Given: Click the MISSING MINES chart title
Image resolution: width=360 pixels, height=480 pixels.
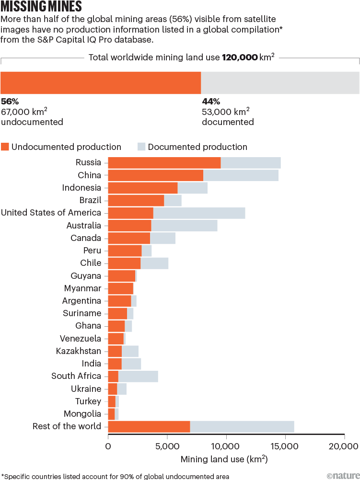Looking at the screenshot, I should (x=41, y=7).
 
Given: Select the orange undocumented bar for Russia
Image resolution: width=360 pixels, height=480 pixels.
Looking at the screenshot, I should (x=164, y=163).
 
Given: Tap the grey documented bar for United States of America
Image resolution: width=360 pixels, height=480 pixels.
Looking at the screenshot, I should (x=199, y=213).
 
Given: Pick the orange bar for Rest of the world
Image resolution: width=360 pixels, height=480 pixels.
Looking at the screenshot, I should (x=149, y=426).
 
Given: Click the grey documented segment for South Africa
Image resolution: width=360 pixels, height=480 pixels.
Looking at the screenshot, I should (x=138, y=376).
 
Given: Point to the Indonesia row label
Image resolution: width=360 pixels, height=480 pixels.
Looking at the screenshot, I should (x=81, y=188).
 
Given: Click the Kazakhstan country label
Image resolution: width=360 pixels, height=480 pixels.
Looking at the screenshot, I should (x=79, y=351).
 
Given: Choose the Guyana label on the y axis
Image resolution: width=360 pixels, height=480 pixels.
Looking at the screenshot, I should (x=86, y=276).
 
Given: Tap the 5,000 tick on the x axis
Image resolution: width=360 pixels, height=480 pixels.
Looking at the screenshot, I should (x=167, y=446).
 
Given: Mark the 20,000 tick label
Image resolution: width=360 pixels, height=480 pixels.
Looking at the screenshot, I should (x=344, y=446).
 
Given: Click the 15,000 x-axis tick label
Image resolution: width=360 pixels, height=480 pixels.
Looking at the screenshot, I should (x=285, y=446).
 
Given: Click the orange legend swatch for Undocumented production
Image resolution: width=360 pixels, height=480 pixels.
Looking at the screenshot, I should (x=5, y=147).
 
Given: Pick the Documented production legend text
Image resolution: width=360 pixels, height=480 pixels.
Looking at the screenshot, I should (x=197, y=147).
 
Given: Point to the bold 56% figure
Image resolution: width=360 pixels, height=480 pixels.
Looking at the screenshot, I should (x=10, y=102).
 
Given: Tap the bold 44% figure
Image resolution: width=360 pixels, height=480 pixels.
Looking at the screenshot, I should (x=210, y=102).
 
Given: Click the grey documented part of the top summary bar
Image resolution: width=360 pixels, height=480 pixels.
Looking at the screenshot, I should (x=280, y=82).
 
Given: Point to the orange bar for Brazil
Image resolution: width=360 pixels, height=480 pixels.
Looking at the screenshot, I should (x=136, y=200).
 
